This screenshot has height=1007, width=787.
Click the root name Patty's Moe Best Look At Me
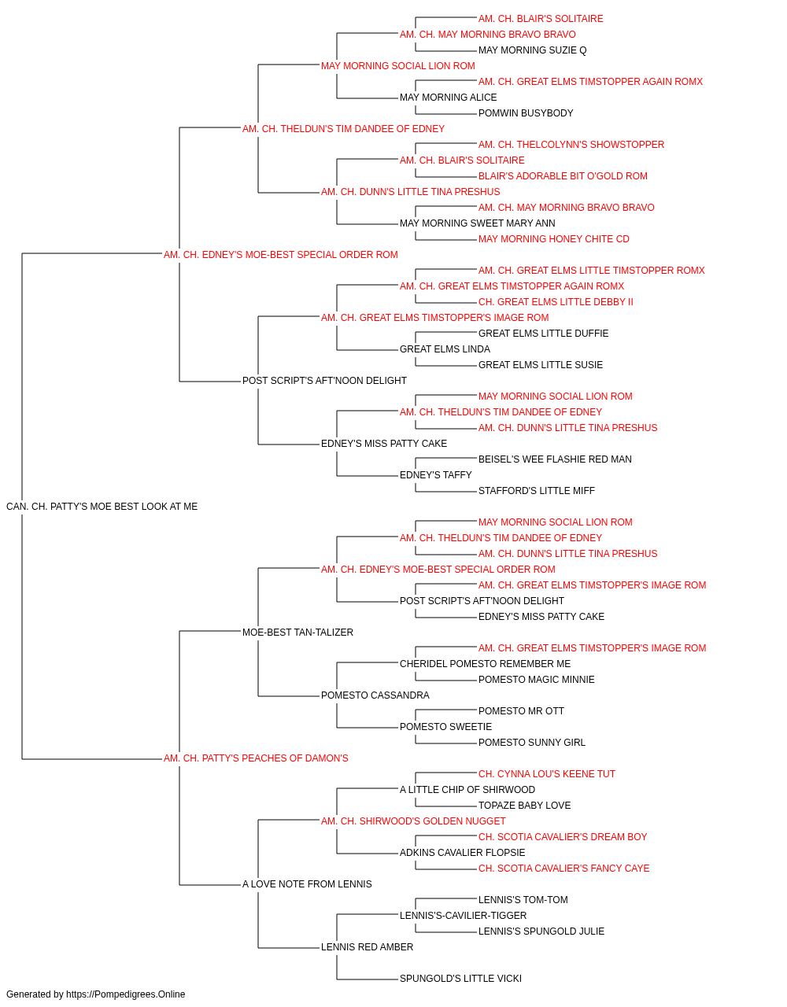pyautogui.click(x=102, y=507)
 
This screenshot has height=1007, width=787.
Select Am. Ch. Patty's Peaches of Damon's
pyautogui.click(x=256, y=758)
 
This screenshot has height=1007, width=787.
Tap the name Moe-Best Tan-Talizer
pyautogui.click(x=297, y=632)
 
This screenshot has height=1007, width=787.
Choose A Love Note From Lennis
pyautogui.click(x=307, y=883)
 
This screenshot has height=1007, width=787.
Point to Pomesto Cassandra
pyautogui.click(x=375, y=695)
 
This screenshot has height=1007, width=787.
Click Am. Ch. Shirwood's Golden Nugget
pyautogui.click(x=413, y=821)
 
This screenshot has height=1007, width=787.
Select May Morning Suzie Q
pyautogui.click(x=532, y=50)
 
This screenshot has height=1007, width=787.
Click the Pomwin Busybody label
pyautogui.click(x=526, y=113)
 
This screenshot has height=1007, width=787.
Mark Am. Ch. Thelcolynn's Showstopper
pyautogui.click(x=571, y=145)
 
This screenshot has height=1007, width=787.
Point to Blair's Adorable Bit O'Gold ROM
pyautogui.click(x=563, y=176)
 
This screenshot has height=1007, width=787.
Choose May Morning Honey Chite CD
pyautogui.click(x=553, y=239)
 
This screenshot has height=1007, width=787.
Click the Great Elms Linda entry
pyautogui.click(x=445, y=349)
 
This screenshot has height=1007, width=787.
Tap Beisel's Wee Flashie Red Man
pyautogui.click(x=555, y=459)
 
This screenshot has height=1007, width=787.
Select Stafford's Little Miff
pyautogui.click(x=536, y=491)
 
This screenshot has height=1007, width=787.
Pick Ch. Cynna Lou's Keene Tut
pyautogui.click(x=546, y=774)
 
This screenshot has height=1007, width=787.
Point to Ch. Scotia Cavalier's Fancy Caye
pyautogui.click(x=563, y=868)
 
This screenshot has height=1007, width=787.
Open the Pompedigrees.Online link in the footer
pyautogui.click(x=125, y=994)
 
